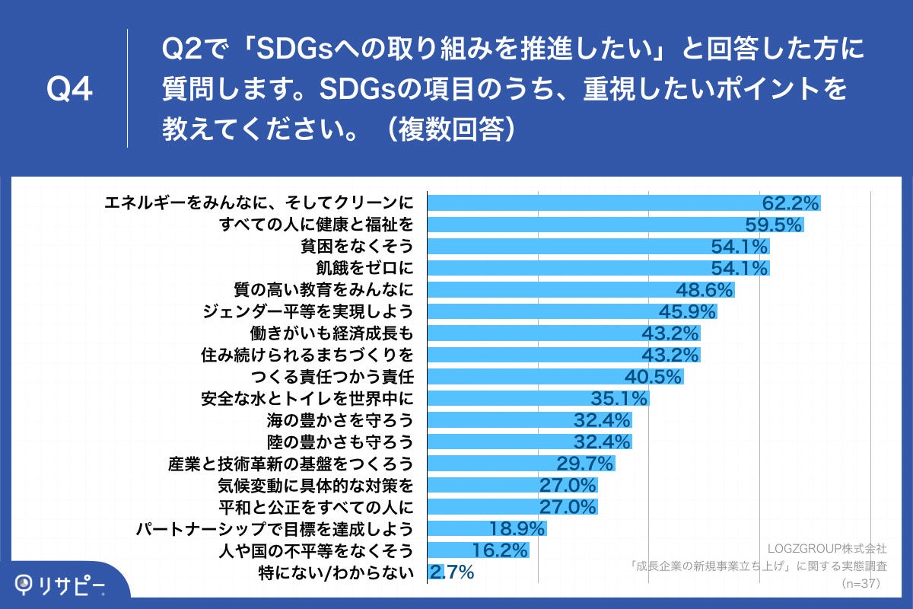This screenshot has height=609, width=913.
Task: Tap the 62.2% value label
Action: tap(791, 203)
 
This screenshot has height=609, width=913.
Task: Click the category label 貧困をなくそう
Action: tap(357, 246)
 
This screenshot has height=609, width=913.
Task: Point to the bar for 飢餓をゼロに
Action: tap(598, 268)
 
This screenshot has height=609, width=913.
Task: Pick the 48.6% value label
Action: tap(705, 290)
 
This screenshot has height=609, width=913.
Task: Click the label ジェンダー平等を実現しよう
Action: tap(309, 311)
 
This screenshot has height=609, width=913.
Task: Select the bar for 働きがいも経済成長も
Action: tap(563, 333)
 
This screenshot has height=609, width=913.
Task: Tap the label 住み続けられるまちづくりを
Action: tap(309, 355)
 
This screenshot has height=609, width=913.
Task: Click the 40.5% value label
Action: tap(653, 377)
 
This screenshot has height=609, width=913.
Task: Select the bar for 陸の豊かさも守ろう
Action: tap(530, 442)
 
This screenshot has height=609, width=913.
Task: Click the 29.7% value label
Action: tap(584, 464)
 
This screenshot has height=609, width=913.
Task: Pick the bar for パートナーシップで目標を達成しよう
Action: tap(487, 528)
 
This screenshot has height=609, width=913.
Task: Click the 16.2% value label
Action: tap(499, 550)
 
